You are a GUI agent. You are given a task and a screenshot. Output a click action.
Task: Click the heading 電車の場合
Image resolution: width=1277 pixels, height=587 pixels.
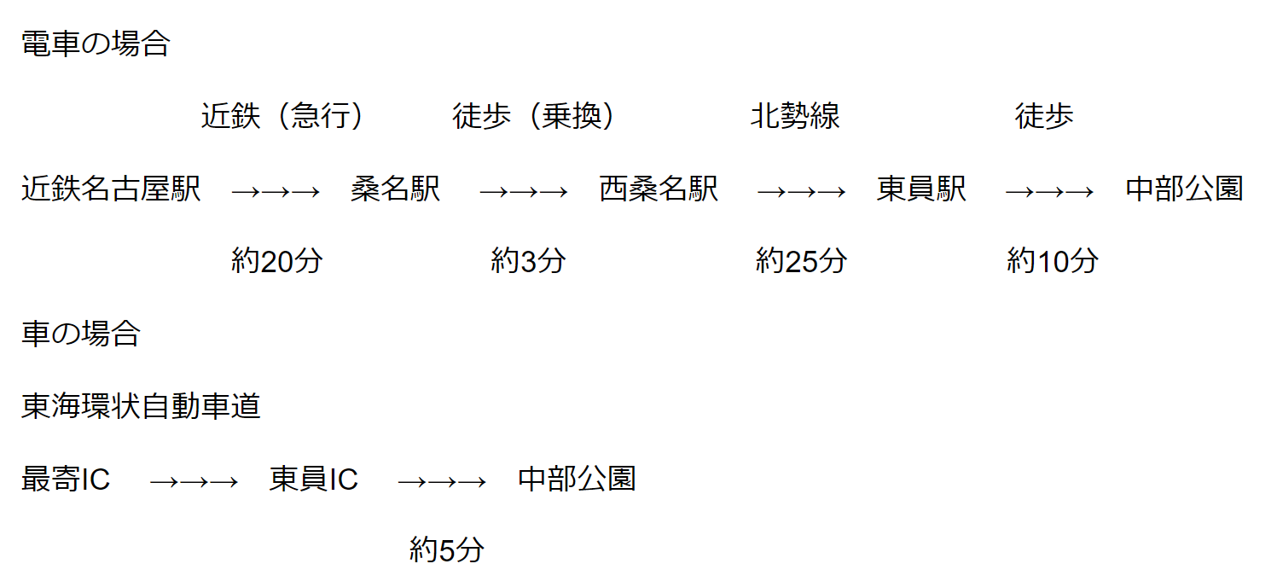[96, 44]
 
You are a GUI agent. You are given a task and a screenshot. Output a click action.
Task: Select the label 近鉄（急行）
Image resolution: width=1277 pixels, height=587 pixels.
[282, 116]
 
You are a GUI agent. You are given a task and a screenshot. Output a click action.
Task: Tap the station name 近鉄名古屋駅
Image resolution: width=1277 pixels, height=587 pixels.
[111, 189]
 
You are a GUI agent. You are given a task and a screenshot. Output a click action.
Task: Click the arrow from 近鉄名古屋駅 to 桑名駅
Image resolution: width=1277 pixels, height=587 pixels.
[275, 191]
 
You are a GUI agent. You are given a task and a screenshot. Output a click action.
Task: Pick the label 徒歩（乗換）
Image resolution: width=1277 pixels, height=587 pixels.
[534, 116]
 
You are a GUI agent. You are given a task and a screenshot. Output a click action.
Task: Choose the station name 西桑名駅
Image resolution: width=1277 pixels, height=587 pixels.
[659, 189]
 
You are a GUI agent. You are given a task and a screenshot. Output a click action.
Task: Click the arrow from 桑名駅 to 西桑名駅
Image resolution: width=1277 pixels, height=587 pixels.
[523, 191]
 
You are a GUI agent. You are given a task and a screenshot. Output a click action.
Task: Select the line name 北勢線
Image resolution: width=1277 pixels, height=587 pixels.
[795, 116]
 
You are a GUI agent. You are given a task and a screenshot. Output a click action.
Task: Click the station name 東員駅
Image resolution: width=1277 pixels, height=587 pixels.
[921, 189]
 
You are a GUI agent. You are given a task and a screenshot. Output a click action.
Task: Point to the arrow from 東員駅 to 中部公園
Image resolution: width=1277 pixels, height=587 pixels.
[1049, 191]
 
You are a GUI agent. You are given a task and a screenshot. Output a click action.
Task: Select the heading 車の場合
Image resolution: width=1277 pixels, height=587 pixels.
[81, 334]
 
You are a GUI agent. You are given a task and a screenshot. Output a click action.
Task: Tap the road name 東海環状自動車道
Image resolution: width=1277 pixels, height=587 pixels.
[141, 407]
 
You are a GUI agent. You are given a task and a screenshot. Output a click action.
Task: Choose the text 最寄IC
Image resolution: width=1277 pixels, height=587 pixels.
[66, 479]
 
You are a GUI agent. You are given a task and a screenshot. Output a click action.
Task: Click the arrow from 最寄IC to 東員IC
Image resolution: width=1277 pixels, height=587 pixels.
[193, 481]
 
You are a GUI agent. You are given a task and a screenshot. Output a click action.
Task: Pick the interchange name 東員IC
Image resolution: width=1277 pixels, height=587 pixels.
[314, 479]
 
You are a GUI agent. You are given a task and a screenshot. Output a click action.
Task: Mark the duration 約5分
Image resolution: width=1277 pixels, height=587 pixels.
[446, 550]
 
